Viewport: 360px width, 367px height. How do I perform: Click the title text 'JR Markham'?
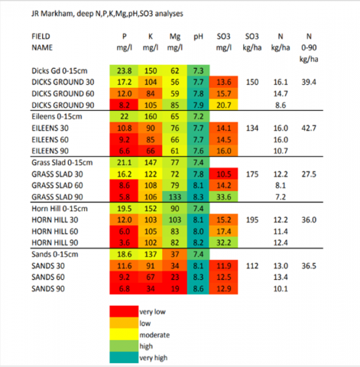pyautogui.click(x=53, y=14)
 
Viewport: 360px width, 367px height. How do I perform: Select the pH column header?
pyautogui.click(x=198, y=37)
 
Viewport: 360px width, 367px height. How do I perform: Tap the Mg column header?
pyautogui.click(x=175, y=42)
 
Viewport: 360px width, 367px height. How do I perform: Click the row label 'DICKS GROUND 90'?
pyautogui.click(x=63, y=105)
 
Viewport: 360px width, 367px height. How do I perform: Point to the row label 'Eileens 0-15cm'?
pyautogui.click(x=57, y=116)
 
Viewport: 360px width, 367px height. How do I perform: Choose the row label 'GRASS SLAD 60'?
pyautogui.click(x=57, y=185)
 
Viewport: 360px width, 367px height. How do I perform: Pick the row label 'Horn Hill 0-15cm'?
pyautogui.click(x=60, y=209)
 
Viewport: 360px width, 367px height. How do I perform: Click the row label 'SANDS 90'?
pyautogui.click(x=48, y=289)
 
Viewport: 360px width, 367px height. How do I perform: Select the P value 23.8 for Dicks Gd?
pyautogui.click(x=125, y=70)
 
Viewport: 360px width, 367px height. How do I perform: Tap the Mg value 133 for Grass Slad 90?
pyautogui.click(x=175, y=197)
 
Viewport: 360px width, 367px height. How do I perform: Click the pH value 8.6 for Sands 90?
pyautogui.click(x=198, y=289)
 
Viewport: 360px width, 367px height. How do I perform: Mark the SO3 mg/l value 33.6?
pyautogui.click(x=224, y=197)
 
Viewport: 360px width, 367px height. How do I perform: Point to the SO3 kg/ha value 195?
pyautogui.click(x=252, y=220)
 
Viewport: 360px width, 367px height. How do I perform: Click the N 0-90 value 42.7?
pyautogui.click(x=309, y=128)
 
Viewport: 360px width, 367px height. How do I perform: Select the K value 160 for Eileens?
pyautogui.click(x=151, y=116)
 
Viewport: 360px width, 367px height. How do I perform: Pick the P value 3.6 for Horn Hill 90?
pyautogui.click(x=125, y=242)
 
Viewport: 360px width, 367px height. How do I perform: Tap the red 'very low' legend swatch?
pyautogui.click(x=124, y=311)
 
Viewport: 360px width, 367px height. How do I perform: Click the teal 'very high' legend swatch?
pyautogui.click(x=124, y=357)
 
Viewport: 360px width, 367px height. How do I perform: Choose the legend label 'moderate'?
pyautogui.click(x=154, y=335)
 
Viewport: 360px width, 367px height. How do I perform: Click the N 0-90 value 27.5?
pyautogui.click(x=309, y=174)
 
